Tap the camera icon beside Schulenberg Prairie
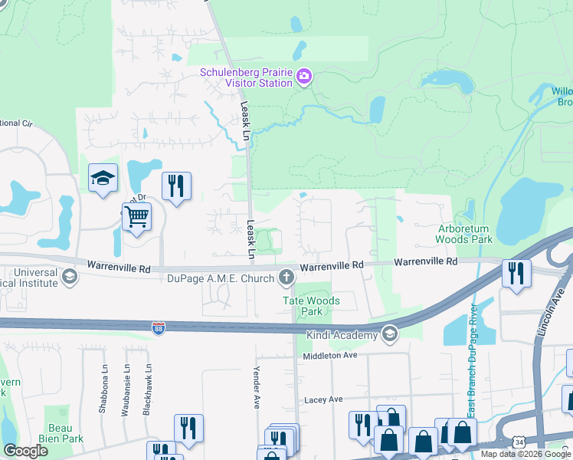point(304,76)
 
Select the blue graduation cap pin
point(103,178)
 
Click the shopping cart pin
point(136,217)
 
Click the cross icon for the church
point(286,276)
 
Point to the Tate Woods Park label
point(312,307)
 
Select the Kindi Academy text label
point(342,335)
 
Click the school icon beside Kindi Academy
point(390,333)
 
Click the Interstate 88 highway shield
point(157,327)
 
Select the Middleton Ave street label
point(330,356)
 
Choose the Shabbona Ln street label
point(102,389)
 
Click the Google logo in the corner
point(25,450)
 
